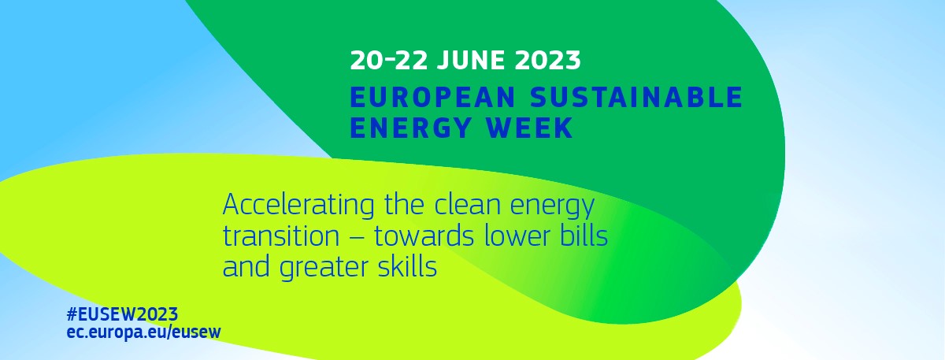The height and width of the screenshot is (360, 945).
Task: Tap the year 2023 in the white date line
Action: tap(547, 61)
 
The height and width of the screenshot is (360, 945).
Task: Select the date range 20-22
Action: tap(389, 61)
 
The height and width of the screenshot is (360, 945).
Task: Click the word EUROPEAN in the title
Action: tap(433, 97)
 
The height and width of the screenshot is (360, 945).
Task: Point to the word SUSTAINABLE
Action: tap(636, 97)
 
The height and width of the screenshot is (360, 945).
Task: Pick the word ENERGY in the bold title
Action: tap(410, 128)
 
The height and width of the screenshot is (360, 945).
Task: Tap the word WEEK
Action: tap(529, 128)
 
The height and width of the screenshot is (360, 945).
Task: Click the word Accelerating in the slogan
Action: tap(298, 206)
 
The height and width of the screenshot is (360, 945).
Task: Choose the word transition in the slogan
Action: tap(281, 236)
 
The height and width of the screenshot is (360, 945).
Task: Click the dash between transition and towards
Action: tap(357, 237)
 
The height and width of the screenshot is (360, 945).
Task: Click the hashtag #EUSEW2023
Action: tap(122, 314)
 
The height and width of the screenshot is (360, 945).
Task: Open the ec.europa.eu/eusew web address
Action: tap(144, 332)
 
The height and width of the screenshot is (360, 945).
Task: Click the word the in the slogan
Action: tap(405, 204)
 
